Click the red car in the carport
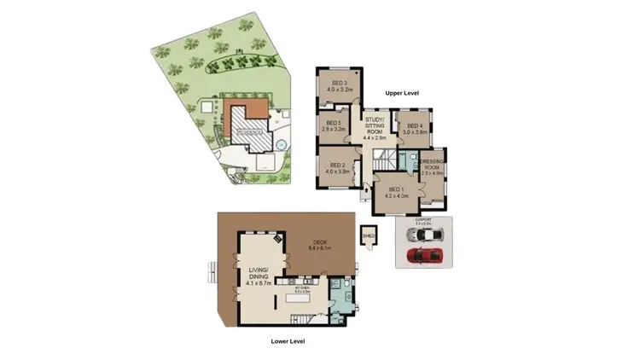(x=425, y=255)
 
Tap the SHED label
(x=369, y=233)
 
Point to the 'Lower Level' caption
(x=287, y=341)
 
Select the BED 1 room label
(x=397, y=192)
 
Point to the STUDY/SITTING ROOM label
(x=376, y=128)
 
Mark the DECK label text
(x=320, y=245)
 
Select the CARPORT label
(x=424, y=219)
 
